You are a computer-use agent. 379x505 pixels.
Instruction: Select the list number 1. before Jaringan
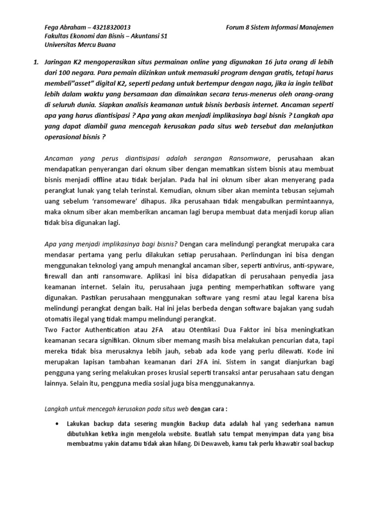tap(35, 63)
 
